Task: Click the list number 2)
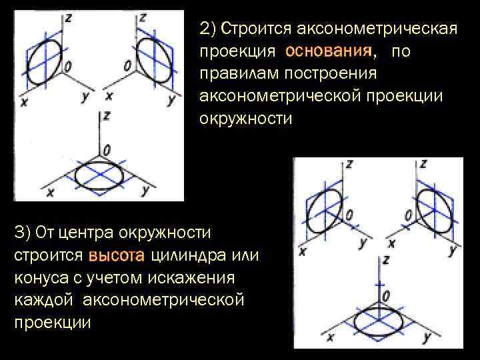tap(208, 29)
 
